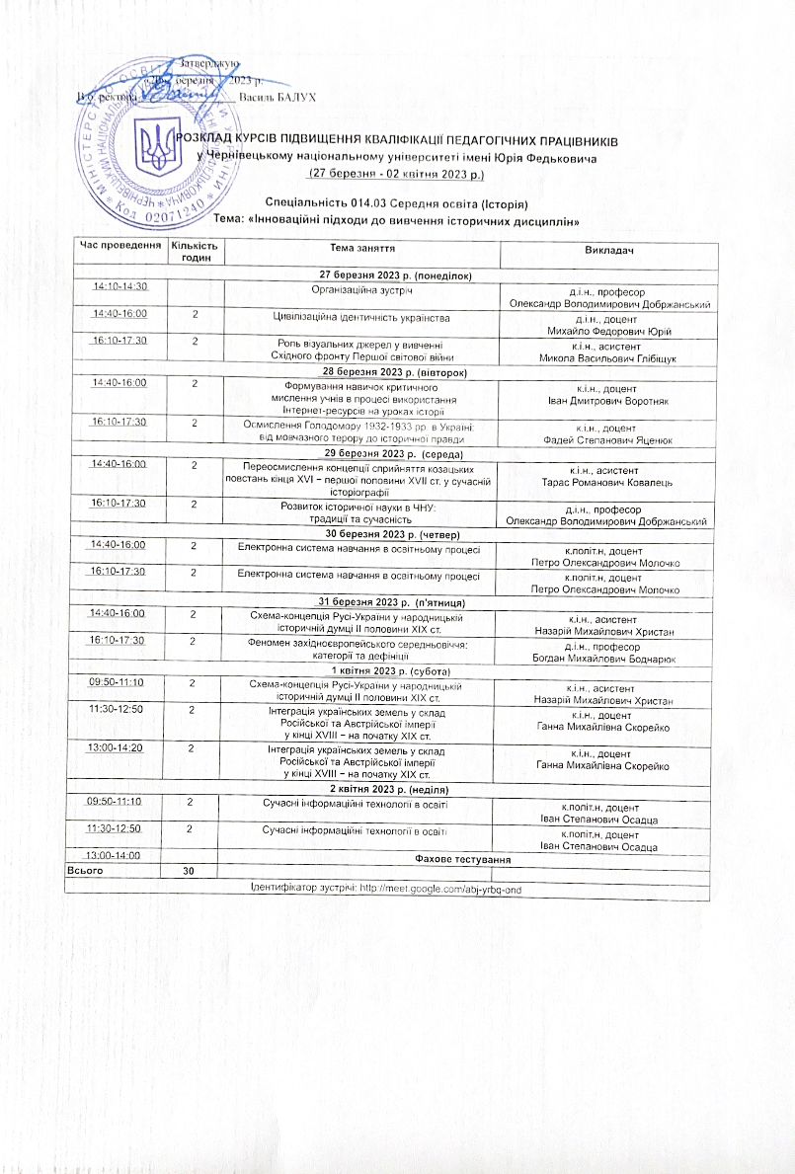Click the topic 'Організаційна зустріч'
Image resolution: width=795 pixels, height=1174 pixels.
(x=361, y=290)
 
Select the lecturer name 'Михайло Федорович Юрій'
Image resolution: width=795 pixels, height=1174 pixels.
(x=608, y=331)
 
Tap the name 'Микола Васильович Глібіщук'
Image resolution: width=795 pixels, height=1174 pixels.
(x=608, y=356)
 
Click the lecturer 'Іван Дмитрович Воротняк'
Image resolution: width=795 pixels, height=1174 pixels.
(x=608, y=401)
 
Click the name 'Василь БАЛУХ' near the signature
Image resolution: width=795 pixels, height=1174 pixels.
(x=279, y=96)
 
